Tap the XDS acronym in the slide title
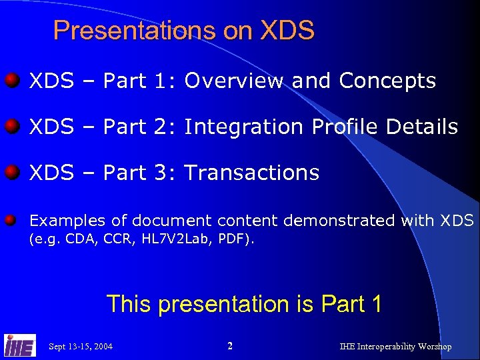(287, 31)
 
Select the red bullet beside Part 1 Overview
(11, 81)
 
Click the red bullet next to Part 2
(11, 127)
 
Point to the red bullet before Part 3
(11, 173)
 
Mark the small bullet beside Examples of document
(11, 220)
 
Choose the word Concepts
(387, 81)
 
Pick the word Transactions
(252, 173)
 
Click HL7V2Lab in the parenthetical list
(170, 239)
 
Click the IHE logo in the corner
(20, 345)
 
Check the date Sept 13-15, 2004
(81, 347)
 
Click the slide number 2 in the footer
(230, 346)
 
